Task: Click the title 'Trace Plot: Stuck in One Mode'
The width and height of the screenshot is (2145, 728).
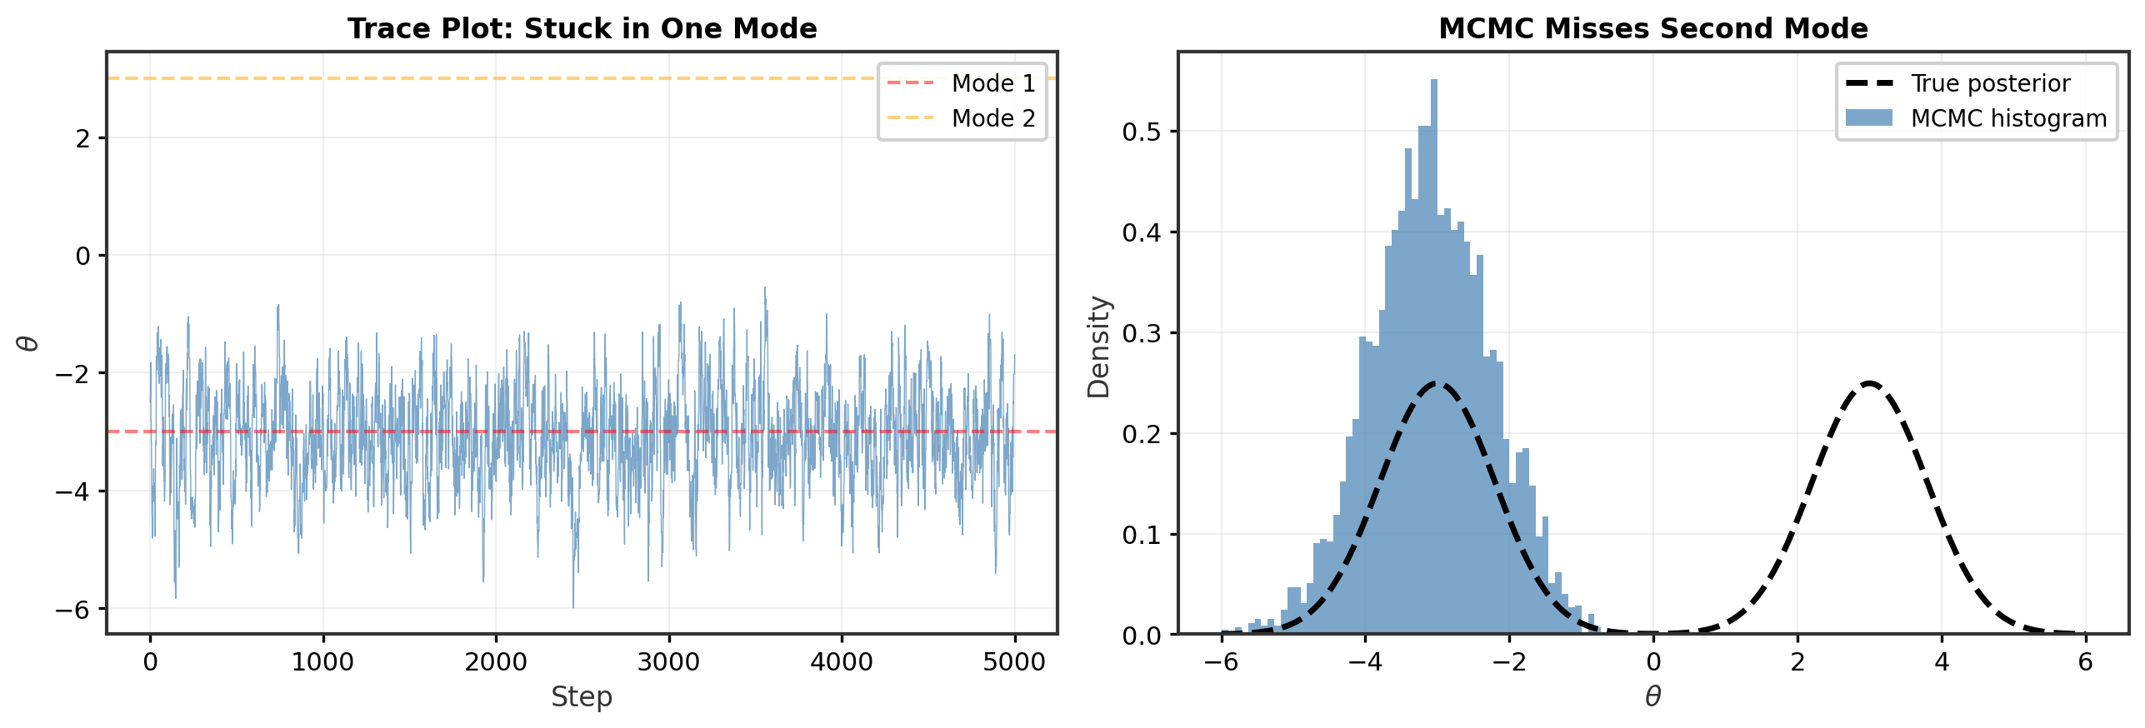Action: coord(582,28)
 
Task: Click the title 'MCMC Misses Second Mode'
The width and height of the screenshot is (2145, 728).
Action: coord(1652,28)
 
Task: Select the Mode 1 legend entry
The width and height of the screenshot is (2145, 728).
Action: coord(962,83)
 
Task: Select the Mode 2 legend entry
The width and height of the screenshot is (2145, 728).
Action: coord(962,118)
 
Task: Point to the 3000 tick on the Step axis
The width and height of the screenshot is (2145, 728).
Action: coord(668,662)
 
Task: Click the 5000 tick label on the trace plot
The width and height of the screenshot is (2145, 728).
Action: coord(1013,662)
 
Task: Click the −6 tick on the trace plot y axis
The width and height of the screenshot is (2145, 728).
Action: coord(72,610)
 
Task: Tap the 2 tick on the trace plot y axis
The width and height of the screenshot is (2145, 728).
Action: coord(82,138)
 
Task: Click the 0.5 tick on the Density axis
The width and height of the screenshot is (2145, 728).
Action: coord(1142,132)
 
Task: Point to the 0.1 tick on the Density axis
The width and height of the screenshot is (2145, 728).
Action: coord(1142,535)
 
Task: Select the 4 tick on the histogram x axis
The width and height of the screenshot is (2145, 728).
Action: coord(1942,662)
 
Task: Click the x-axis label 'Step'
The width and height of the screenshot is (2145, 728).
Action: coord(582,696)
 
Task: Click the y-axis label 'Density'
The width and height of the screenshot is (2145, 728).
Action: coord(1099,347)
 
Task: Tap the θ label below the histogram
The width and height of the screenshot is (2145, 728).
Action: coord(1652,696)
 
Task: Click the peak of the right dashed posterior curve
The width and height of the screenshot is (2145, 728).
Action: coord(1870,384)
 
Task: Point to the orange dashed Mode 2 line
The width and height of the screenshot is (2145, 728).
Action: coord(500,78)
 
